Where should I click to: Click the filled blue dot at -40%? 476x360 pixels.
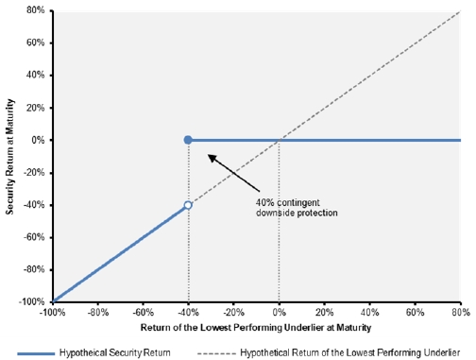point(188,140)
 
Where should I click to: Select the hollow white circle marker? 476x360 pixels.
point(188,205)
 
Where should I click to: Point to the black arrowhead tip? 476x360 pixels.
point(208,154)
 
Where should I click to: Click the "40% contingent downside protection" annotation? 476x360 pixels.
point(297,208)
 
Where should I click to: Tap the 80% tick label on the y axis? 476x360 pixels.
point(36,10)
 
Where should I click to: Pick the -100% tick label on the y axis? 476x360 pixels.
point(32,301)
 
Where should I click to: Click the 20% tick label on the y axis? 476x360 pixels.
point(36,108)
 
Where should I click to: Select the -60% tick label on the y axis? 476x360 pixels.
point(34,237)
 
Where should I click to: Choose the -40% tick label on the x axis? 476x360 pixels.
point(188,313)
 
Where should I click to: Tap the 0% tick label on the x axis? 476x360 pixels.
point(280,313)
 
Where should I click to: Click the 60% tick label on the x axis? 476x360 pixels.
point(415,313)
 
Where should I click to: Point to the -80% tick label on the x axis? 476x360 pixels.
point(98,313)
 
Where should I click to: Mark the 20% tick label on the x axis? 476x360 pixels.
point(325,313)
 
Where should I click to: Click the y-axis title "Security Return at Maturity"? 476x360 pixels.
point(9,157)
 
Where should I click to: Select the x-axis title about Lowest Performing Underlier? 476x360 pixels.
point(256,328)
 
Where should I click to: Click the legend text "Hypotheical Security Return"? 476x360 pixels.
point(115,352)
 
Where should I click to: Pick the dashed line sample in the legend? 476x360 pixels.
point(216,353)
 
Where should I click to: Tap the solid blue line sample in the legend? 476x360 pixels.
point(36,353)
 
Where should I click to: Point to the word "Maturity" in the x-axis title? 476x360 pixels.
point(354,328)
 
